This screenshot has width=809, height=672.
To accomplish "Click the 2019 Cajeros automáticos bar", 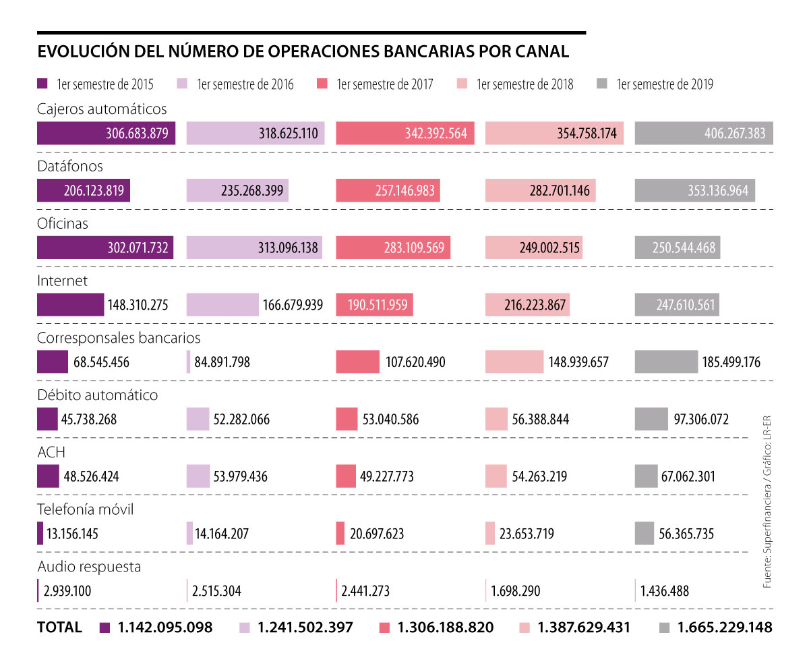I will pos(704,134).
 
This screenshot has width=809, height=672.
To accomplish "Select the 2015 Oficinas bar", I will pos(104,248).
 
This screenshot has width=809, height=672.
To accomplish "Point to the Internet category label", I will pos(63,281).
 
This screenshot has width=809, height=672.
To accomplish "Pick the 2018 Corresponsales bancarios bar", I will pos(514,362).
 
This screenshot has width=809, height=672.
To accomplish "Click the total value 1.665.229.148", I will pos(724,627).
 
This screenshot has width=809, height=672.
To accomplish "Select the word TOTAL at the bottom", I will pos(59,627).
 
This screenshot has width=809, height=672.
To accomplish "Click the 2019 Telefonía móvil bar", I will pos(645,533).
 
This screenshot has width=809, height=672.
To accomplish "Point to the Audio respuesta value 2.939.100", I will pos(67,592).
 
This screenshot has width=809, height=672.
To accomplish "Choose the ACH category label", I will pos(51,452).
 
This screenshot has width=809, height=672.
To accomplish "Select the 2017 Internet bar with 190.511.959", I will pos(374,305).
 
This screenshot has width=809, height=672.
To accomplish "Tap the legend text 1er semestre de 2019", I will pos(665,84).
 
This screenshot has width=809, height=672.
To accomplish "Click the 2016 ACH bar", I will pos(198,476).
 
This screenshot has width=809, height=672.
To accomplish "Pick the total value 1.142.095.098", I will pos(165,627).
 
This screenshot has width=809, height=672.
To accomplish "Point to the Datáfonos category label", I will pos(70,166).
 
